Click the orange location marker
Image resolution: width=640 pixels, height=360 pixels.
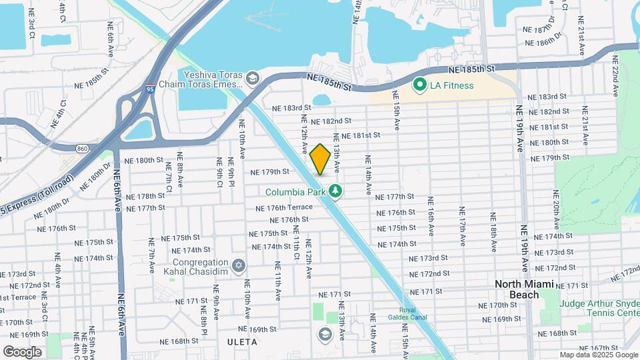point(320,159)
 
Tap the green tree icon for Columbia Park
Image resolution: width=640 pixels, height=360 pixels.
point(336,192)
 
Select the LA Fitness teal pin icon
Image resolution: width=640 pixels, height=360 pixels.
point(419,85)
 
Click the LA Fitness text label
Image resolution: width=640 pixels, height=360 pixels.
point(451,85)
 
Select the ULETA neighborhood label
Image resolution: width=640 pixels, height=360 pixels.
point(241,341)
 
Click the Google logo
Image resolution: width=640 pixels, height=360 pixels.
point(22,351)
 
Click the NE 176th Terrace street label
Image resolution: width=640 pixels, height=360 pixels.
point(284,207)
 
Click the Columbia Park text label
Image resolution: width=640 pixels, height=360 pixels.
point(295,192)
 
